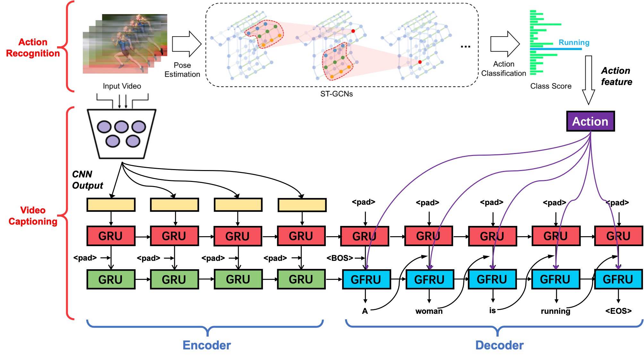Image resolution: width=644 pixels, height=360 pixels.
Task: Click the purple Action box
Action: click(x=590, y=121)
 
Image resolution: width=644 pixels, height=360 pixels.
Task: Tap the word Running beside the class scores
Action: click(x=574, y=42)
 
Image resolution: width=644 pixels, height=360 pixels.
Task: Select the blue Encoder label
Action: click(x=207, y=345)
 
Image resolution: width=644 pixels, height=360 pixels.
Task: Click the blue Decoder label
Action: click(x=499, y=345)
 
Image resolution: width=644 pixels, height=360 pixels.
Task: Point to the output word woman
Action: click(x=429, y=311)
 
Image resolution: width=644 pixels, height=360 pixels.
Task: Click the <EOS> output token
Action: click(x=618, y=311)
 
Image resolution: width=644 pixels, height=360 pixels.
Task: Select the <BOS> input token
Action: click(x=340, y=258)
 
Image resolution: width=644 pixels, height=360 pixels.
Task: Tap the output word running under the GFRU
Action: click(x=555, y=311)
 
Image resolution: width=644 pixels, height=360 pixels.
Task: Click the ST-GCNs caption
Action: click(x=336, y=94)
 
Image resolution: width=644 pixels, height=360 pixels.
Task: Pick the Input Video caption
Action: click(x=122, y=86)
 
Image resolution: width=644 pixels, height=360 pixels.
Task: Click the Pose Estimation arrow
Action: click(x=187, y=44)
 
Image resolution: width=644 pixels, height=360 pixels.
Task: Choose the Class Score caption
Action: click(x=551, y=86)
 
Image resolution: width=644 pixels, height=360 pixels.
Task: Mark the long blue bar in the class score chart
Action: click(x=556, y=49)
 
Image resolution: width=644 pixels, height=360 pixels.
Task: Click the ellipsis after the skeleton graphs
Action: click(x=465, y=47)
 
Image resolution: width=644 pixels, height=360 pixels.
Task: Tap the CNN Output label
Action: click(x=87, y=180)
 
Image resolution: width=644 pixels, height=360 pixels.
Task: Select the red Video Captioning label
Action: click(x=33, y=216)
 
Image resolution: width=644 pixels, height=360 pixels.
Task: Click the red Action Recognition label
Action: click(x=33, y=47)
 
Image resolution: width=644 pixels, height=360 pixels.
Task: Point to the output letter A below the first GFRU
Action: click(x=365, y=311)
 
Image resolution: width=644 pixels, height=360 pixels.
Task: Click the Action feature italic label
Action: click(x=616, y=76)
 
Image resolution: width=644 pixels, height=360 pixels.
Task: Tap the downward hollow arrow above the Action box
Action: click(x=589, y=80)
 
